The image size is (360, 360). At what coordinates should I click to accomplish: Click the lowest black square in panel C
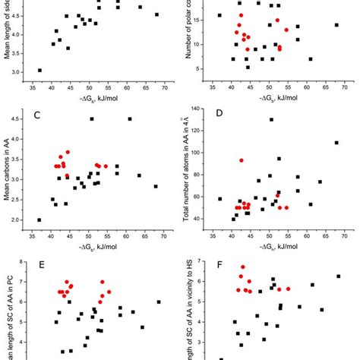(x=39, y=220)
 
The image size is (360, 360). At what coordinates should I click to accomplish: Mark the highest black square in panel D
(x=271, y=119)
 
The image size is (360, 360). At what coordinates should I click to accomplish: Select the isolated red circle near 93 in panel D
(x=242, y=160)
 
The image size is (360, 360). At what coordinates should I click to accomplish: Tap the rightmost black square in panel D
(x=336, y=143)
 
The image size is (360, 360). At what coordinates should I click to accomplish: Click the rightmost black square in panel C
(x=156, y=186)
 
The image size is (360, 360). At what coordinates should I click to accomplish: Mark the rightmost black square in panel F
(x=338, y=276)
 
